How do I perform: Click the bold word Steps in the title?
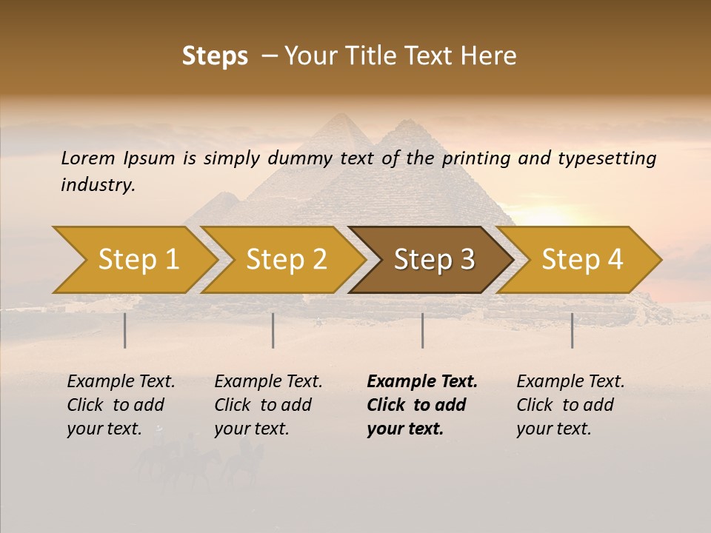215,56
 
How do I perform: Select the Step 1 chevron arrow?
133,260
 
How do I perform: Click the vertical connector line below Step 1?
125,330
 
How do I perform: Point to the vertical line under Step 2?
273,330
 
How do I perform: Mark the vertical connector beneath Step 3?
423,330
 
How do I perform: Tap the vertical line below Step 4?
573,330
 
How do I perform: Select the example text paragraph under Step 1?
120,405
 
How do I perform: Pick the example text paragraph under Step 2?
267,405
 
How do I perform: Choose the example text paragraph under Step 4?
570,405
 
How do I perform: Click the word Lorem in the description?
88,158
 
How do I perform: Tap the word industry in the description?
98,185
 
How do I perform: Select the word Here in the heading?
490,56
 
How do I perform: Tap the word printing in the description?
476,158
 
